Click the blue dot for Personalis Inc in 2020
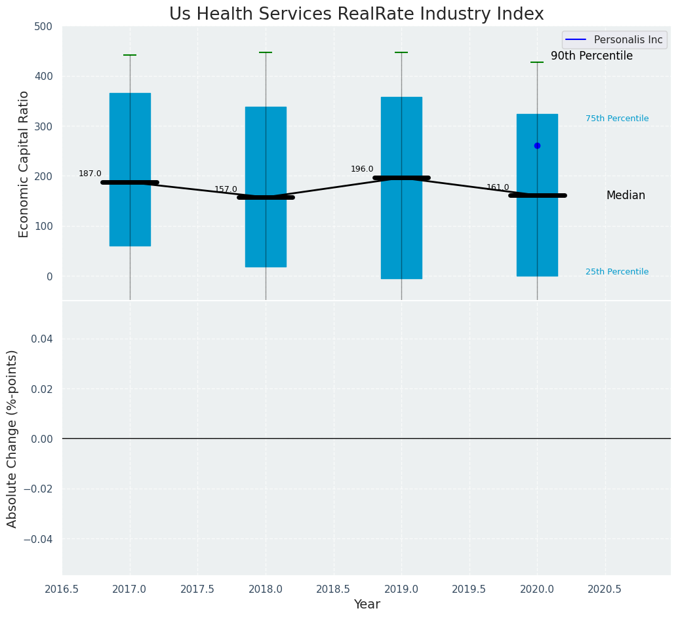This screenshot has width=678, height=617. click(537, 145)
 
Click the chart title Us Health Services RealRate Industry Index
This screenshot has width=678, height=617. click(356, 14)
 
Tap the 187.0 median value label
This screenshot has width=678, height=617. click(90, 174)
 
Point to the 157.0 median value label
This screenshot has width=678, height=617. click(226, 189)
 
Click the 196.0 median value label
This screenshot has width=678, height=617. click(362, 169)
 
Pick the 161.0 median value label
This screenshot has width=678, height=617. click(498, 187)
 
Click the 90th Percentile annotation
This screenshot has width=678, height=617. click(591, 56)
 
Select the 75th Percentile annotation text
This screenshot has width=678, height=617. click(617, 119)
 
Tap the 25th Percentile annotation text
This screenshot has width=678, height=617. click(617, 272)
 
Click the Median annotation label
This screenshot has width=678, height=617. click(626, 195)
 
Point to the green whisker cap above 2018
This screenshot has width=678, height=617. click(266, 52)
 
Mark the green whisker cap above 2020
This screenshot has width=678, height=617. click(537, 62)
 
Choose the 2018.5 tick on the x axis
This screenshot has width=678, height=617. click(333, 589)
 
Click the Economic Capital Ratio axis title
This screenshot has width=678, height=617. click(24, 164)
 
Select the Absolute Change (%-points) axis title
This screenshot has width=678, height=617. click(12, 438)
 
